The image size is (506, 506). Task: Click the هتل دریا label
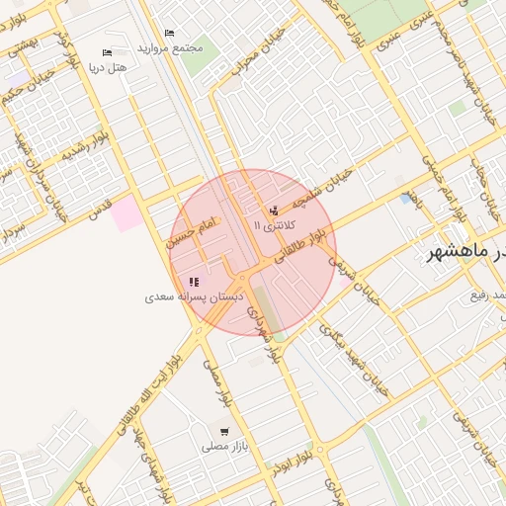[110, 68]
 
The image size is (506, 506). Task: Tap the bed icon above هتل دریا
[107, 52]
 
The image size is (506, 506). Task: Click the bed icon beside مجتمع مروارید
[169, 33]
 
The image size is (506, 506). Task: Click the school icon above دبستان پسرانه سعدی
[194, 282]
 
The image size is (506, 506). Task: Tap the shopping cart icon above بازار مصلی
[225, 432]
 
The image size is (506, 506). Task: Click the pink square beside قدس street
[126, 213]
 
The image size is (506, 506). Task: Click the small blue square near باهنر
[406, 199]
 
